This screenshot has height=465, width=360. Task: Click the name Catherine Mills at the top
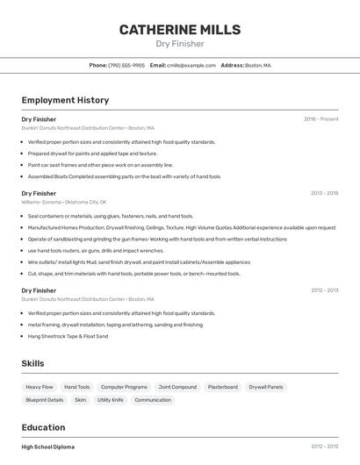pyautogui.click(x=180, y=30)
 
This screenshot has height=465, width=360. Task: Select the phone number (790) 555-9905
pyautogui.click(x=126, y=65)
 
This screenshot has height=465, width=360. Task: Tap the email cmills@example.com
pyautogui.click(x=191, y=65)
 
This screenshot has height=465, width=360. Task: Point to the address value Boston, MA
pyautogui.click(x=258, y=65)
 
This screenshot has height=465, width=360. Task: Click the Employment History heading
pyautogui.click(x=65, y=100)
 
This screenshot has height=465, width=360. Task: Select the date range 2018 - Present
pyautogui.click(x=320, y=119)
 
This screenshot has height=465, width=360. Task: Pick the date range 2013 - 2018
pyautogui.click(x=324, y=193)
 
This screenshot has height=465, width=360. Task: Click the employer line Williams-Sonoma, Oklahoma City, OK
pyautogui.click(x=63, y=202)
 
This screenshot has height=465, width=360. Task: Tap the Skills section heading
pyautogui.click(x=32, y=363)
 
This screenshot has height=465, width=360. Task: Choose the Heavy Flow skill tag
pyautogui.click(x=40, y=387)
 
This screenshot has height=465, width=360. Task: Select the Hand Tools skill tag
pyautogui.click(x=77, y=387)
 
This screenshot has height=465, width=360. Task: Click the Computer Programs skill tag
pyautogui.click(x=124, y=387)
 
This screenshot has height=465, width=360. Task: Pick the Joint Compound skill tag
pyautogui.click(x=177, y=387)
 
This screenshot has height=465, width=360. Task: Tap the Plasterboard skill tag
pyautogui.click(x=222, y=387)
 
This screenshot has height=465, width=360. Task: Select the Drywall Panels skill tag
pyautogui.click(x=266, y=387)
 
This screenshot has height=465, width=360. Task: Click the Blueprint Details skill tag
pyautogui.click(x=45, y=400)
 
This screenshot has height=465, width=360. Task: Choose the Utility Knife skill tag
pyautogui.click(x=111, y=400)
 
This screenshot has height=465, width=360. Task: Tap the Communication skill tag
pyautogui.click(x=153, y=400)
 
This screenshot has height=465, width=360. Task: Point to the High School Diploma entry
pyautogui.click(x=48, y=447)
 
